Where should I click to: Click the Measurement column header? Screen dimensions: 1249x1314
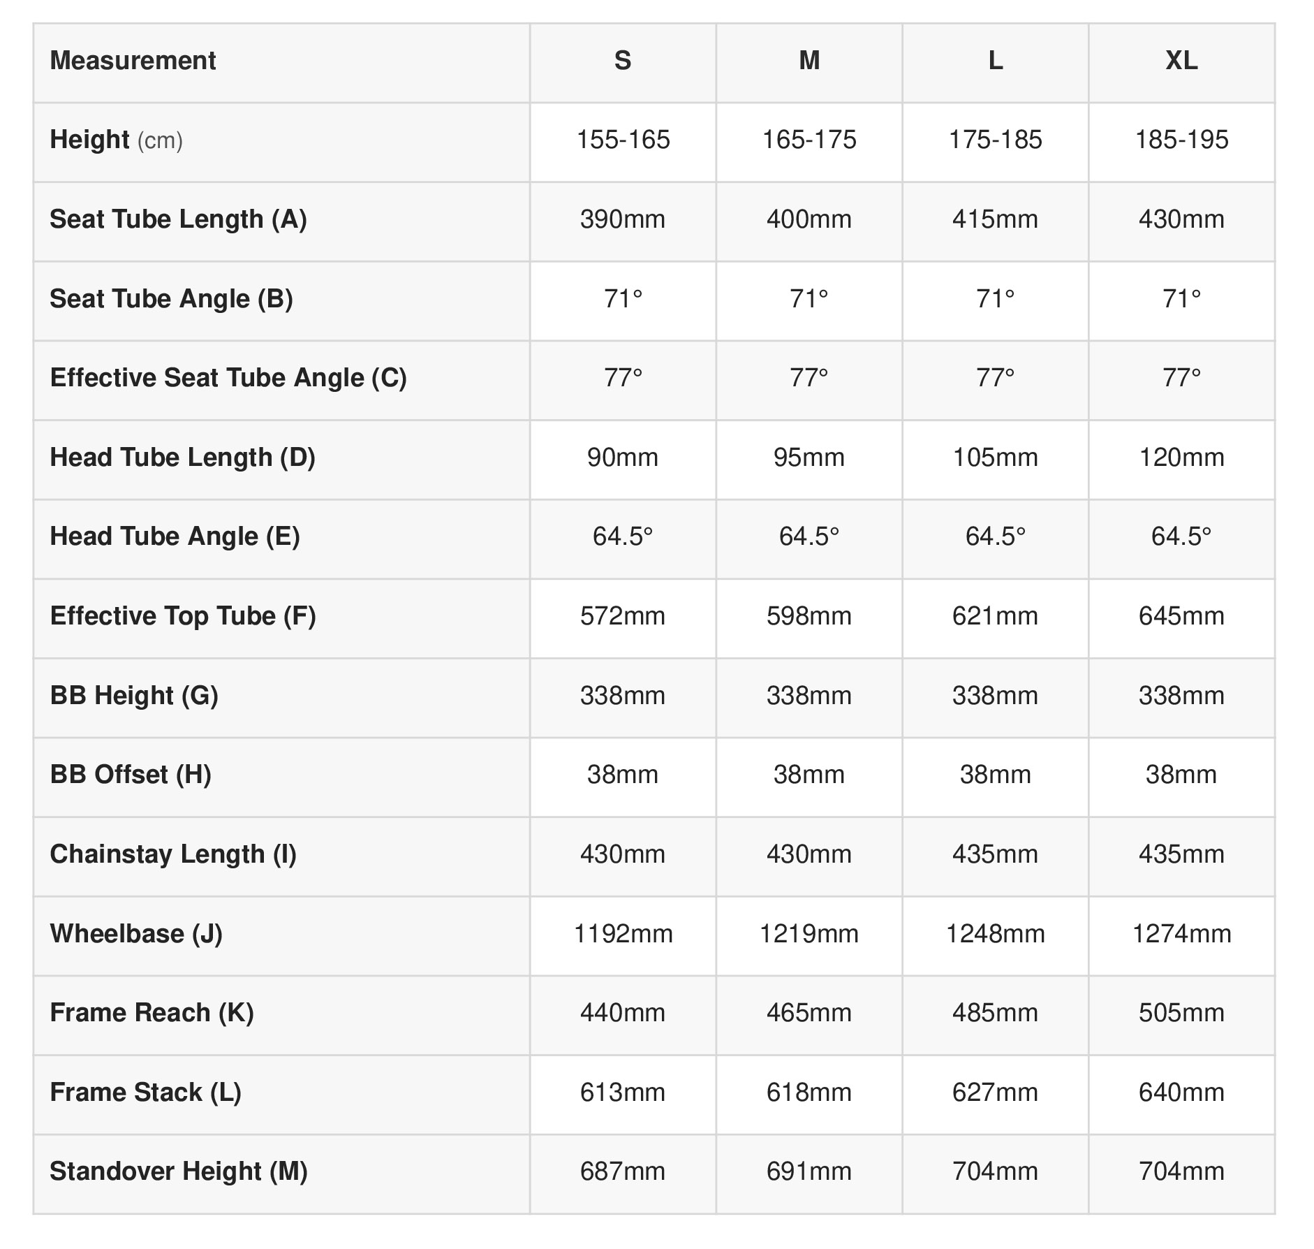133,61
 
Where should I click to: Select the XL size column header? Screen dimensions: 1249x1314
1181,61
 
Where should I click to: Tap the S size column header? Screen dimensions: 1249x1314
622,61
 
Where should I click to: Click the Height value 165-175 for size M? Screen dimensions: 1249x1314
809,140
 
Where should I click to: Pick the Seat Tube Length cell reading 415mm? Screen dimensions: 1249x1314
995,219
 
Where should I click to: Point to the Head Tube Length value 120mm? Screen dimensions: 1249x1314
1181,458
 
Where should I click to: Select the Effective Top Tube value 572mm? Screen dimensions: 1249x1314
622,616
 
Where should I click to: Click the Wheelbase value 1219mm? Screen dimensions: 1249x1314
809,934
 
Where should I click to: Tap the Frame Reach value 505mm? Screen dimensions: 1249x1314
1181,1013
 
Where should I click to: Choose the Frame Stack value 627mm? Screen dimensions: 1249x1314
995,1093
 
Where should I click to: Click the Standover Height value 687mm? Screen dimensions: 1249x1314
622,1171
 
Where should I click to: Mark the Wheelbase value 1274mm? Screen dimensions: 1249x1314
1181,934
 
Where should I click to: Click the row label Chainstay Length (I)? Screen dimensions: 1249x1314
173,854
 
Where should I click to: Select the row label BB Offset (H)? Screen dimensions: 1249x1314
131,775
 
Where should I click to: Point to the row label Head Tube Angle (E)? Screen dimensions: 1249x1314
175,536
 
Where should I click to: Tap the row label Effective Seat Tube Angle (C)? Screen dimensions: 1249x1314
228,378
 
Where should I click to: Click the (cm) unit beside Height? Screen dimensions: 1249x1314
160,140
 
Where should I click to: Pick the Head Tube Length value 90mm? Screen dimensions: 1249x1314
622,458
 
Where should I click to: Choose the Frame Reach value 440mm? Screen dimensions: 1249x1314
622,1013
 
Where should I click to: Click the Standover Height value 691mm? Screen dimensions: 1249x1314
809,1171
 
